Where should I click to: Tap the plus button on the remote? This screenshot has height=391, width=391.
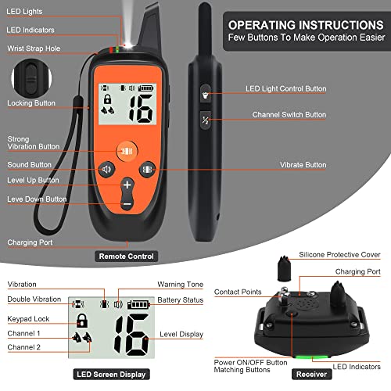(x=127, y=185)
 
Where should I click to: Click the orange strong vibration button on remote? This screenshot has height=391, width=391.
(x=127, y=150)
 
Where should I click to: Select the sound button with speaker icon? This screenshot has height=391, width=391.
(x=107, y=169)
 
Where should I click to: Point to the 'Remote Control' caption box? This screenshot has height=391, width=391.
(x=126, y=256)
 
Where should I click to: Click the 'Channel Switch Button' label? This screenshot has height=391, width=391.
(x=289, y=115)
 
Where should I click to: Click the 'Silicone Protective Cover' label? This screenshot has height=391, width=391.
(x=340, y=256)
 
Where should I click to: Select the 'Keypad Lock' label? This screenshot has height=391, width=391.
(x=29, y=318)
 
